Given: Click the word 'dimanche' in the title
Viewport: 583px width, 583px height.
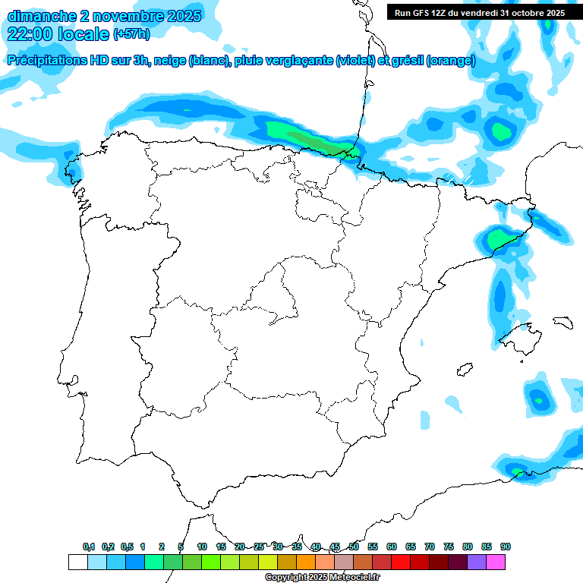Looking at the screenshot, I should pos(41,15).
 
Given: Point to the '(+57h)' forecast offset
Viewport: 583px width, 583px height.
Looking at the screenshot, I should pos(131,34).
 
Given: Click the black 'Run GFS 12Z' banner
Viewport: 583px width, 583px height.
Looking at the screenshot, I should pos(479,12).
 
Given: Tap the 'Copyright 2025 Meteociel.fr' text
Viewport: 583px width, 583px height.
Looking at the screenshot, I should pos(322,578).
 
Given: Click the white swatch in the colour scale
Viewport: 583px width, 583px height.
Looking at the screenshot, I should pos(77,563).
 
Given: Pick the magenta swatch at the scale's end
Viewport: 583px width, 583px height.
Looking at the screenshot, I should pos(496,563).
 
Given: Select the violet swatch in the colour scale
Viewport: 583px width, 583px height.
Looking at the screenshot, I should pos(477,563).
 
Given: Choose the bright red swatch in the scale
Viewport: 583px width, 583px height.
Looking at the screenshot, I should pos(401,563).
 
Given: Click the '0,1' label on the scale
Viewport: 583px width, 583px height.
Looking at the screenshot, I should pos(88,547).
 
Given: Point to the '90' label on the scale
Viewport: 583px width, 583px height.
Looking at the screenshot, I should pos(506,547).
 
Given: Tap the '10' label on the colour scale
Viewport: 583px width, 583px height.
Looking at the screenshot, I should pos(202,547).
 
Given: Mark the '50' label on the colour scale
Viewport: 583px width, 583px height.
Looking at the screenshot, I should pos(354,547).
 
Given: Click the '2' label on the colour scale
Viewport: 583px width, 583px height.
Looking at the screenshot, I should pos(162,547).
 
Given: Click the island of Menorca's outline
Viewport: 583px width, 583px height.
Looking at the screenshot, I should pos(563,322).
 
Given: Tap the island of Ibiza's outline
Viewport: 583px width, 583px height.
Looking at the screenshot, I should pos(462,370).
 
